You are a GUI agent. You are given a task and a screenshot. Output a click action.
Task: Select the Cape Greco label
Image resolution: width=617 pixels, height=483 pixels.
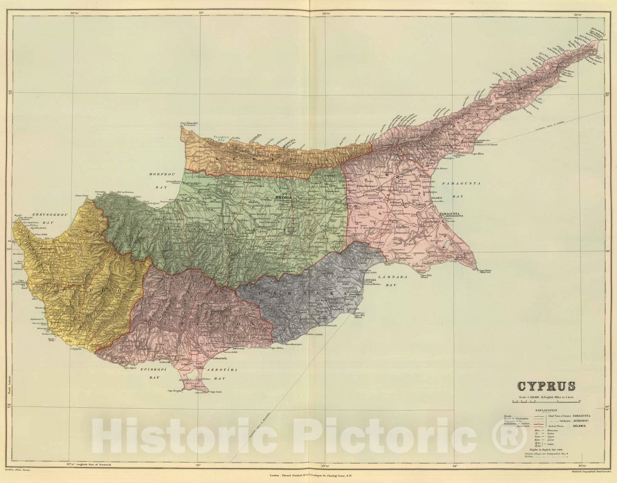pyautogui.click(x=485, y=271)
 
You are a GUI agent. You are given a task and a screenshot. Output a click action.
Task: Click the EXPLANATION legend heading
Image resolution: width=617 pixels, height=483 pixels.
pyautogui.click(x=546, y=411)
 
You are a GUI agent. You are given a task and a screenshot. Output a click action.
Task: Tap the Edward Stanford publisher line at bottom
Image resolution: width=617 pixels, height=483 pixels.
pyautogui.click(x=308, y=476)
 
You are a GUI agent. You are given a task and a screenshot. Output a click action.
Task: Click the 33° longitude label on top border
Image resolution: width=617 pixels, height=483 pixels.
pyautogui.click(x=201, y=13)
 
